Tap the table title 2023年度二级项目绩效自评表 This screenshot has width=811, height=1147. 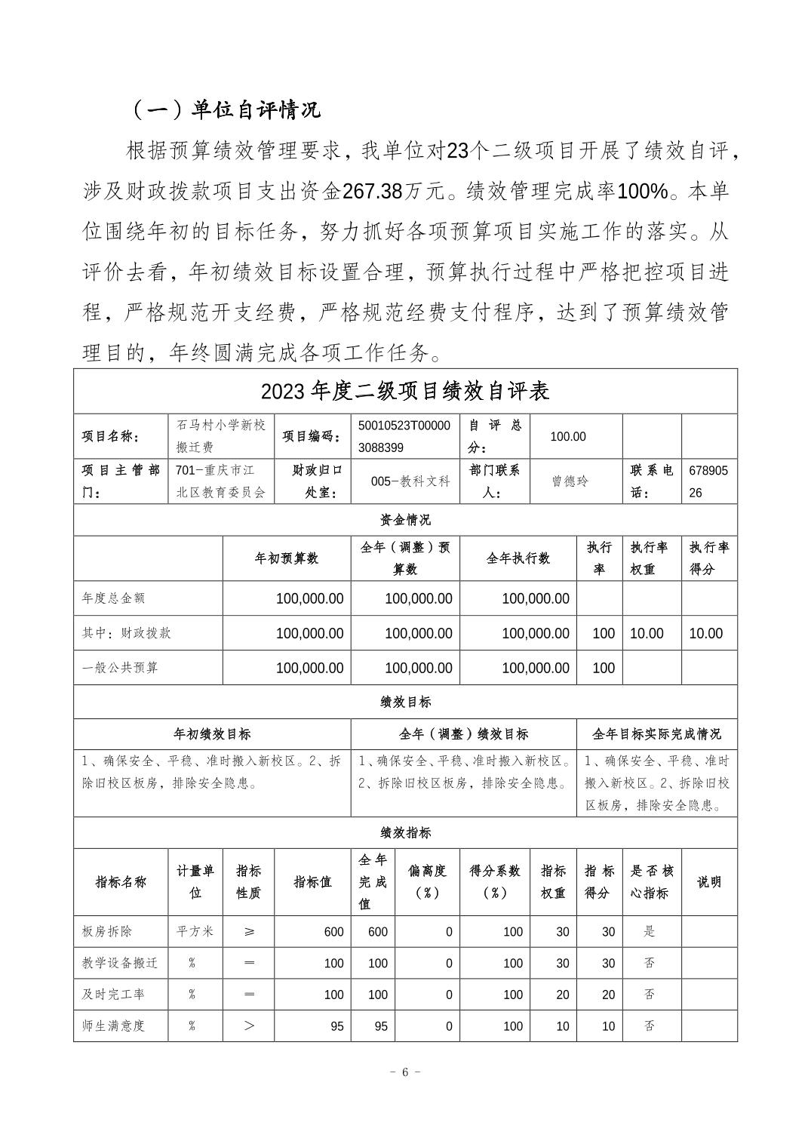click(x=405, y=391)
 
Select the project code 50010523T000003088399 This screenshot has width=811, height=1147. click(x=404, y=436)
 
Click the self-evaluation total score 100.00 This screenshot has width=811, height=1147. click(x=568, y=436)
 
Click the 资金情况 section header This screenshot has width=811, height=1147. click(x=405, y=520)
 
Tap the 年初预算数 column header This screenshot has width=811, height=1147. click(x=287, y=558)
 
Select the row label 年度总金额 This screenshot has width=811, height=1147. click(x=113, y=598)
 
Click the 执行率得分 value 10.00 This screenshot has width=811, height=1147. click(x=705, y=633)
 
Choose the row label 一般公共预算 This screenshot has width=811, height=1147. click(x=120, y=668)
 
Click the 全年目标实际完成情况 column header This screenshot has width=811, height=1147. click(x=656, y=733)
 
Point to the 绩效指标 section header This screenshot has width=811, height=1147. click(x=405, y=832)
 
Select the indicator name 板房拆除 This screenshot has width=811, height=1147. click(x=106, y=931)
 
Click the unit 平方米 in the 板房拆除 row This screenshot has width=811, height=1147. click(x=195, y=931)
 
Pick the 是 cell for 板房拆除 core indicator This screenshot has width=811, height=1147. click(x=649, y=931)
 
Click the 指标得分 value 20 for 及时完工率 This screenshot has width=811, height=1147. click(x=608, y=995)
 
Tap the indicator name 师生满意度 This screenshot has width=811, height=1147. click(x=113, y=1026)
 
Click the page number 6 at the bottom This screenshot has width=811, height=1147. click(x=405, y=1072)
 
